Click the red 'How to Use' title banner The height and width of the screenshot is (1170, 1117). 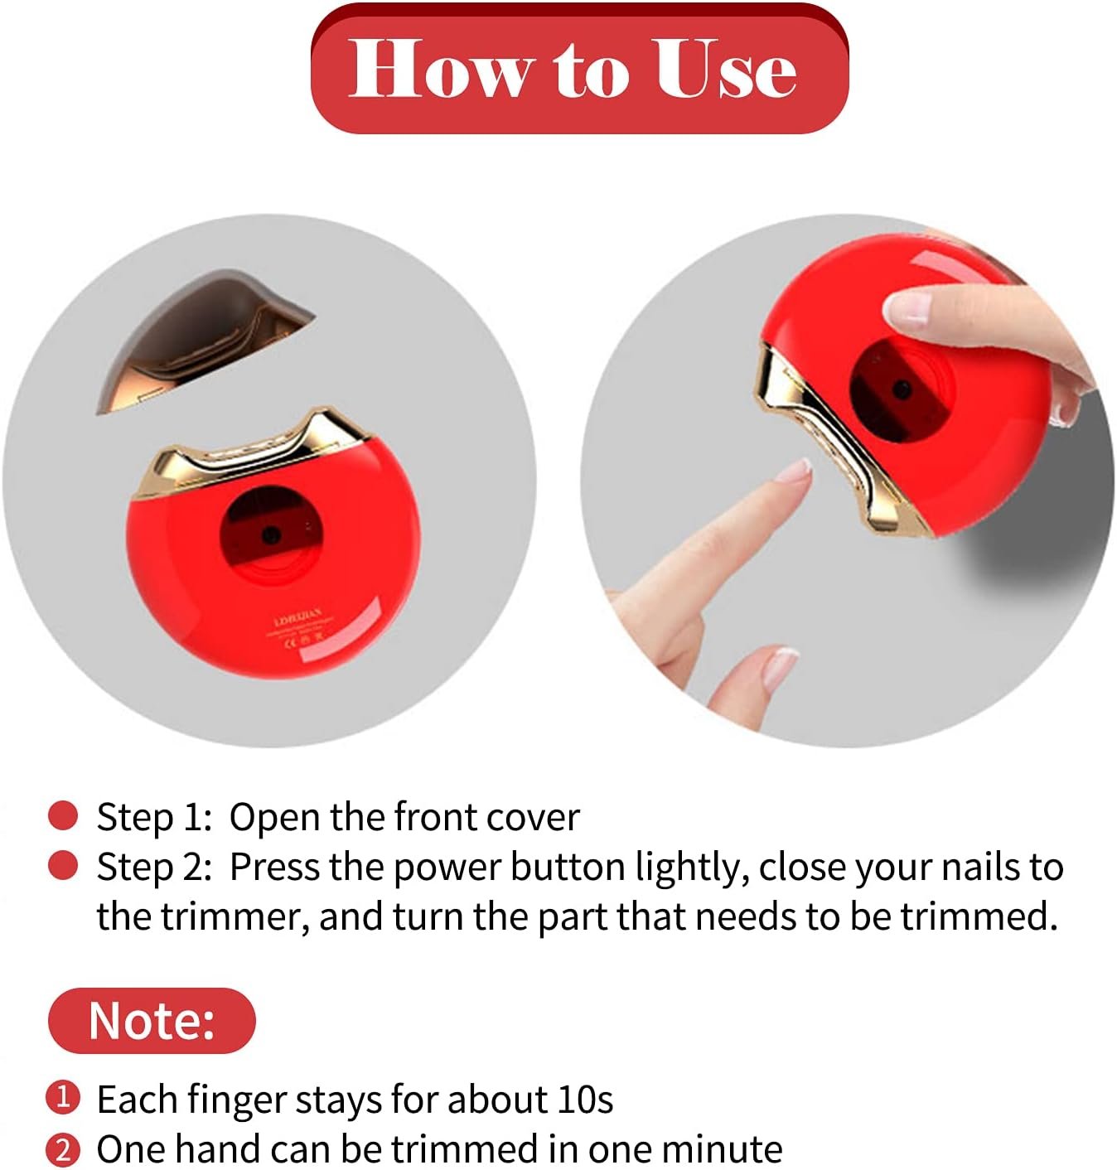[578, 70]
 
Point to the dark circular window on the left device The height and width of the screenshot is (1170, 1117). [270, 534]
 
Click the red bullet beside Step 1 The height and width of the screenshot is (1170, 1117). [63, 816]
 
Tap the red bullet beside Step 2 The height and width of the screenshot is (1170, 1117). [63, 867]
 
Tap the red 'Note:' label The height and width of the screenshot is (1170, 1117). [152, 1020]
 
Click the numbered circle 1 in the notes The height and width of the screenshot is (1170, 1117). [63, 1099]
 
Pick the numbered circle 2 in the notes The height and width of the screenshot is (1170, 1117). [63, 1150]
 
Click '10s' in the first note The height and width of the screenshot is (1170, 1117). [585, 1100]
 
